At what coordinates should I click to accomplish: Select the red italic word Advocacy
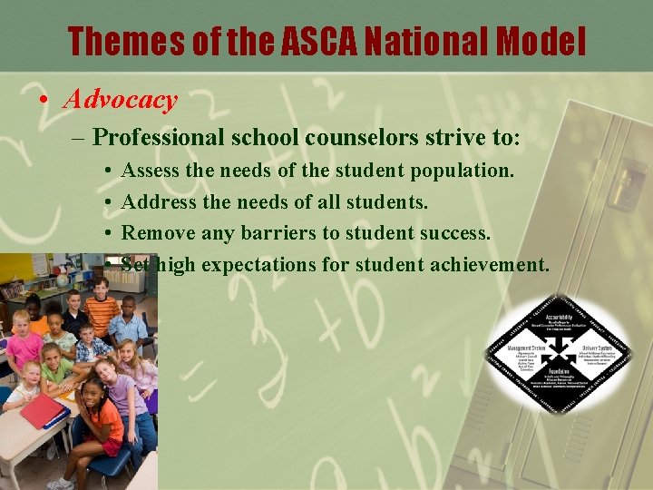click(x=120, y=99)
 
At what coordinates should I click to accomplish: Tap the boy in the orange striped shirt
click(x=102, y=309)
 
